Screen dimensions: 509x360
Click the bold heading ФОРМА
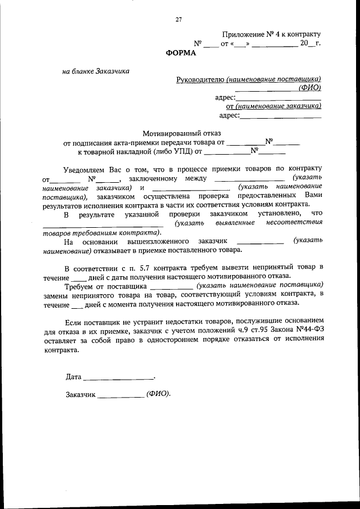click(x=181, y=53)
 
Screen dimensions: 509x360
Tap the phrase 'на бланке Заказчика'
click(x=96, y=71)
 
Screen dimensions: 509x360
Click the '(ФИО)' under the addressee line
click(x=309, y=88)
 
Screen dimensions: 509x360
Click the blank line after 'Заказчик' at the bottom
click(x=120, y=394)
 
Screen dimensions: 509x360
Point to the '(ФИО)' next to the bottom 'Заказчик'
click(x=157, y=394)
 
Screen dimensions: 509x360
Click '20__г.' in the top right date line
click(x=310, y=43)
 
